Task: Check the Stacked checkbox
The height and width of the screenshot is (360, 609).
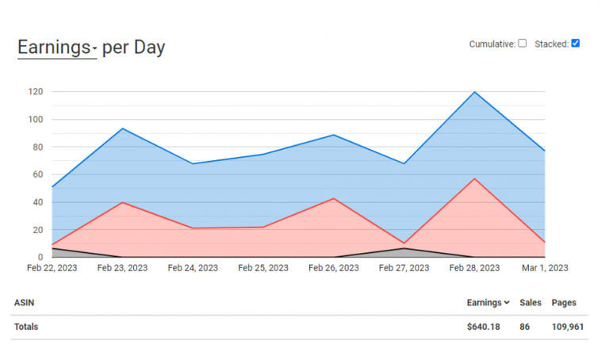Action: pyautogui.click(x=576, y=43)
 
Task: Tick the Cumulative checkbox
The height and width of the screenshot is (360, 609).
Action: pyautogui.click(x=522, y=43)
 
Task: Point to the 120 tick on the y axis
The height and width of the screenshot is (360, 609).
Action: pyautogui.click(x=35, y=92)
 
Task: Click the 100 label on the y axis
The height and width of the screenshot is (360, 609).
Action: pyautogui.click(x=35, y=120)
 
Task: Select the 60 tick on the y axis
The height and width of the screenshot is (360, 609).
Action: pyautogui.click(x=37, y=174)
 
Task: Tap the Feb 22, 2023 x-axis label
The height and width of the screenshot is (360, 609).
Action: pyautogui.click(x=52, y=269)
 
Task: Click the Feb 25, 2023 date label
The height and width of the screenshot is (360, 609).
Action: pyautogui.click(x=263, y=269)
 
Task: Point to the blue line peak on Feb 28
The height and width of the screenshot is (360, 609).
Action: pyautogui.click(x=475, y=92)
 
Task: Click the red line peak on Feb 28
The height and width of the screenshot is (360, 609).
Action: pyautogui.click(x=475, y=178)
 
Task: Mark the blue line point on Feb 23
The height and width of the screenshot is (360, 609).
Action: pyautogui.click(x=122, y=128)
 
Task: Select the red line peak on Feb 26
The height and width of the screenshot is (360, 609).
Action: pyautogui.click(x=334, y=198)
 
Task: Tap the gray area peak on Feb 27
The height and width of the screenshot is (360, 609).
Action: pyautogui.click(x=404, y=248)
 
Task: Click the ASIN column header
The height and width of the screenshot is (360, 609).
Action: pyautogui.click(x=24, y=303)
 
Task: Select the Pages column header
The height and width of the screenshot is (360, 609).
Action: pyautogui.click(x=564, y=303)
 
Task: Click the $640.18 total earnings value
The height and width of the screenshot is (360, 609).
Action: pyautogui.click(x=483, y=327)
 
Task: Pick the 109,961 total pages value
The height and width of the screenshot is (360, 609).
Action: pyautogui.click(x=566, y=327)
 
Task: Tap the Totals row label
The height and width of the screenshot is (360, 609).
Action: pyautogui.click(x=25, y=327)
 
